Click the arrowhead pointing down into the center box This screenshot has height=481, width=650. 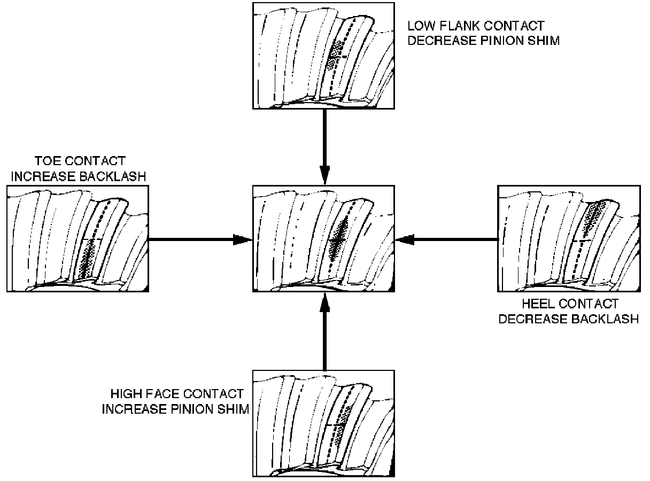pos(324,177)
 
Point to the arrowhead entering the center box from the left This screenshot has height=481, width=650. pos(244,240)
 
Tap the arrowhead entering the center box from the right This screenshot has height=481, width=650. pos(404,240)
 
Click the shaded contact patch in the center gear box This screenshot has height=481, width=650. pos(337,239)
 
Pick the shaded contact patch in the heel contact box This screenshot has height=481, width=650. pos(591,218)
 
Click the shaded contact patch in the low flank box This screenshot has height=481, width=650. pos(335,56)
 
